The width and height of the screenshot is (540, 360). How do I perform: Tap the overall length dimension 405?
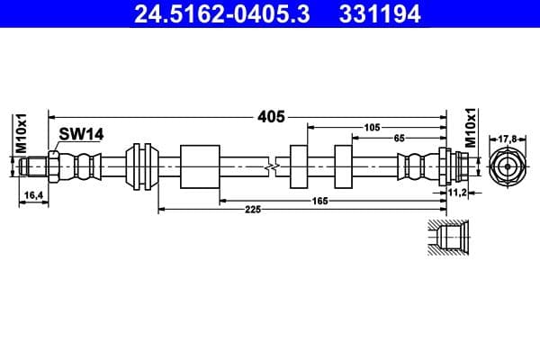click(x=271, y=116)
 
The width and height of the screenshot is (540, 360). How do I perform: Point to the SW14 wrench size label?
click(x=82, y=134)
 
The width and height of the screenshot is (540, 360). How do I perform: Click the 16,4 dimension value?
click(x=31, y=194)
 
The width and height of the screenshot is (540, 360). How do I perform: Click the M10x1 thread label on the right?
click(x=471, y=127)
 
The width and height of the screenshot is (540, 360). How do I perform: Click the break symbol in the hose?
click(x=271, y=166)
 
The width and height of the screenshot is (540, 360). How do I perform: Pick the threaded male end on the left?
click(x=36, y=166)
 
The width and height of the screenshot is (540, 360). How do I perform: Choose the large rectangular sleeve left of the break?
click(x=200, y=166)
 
